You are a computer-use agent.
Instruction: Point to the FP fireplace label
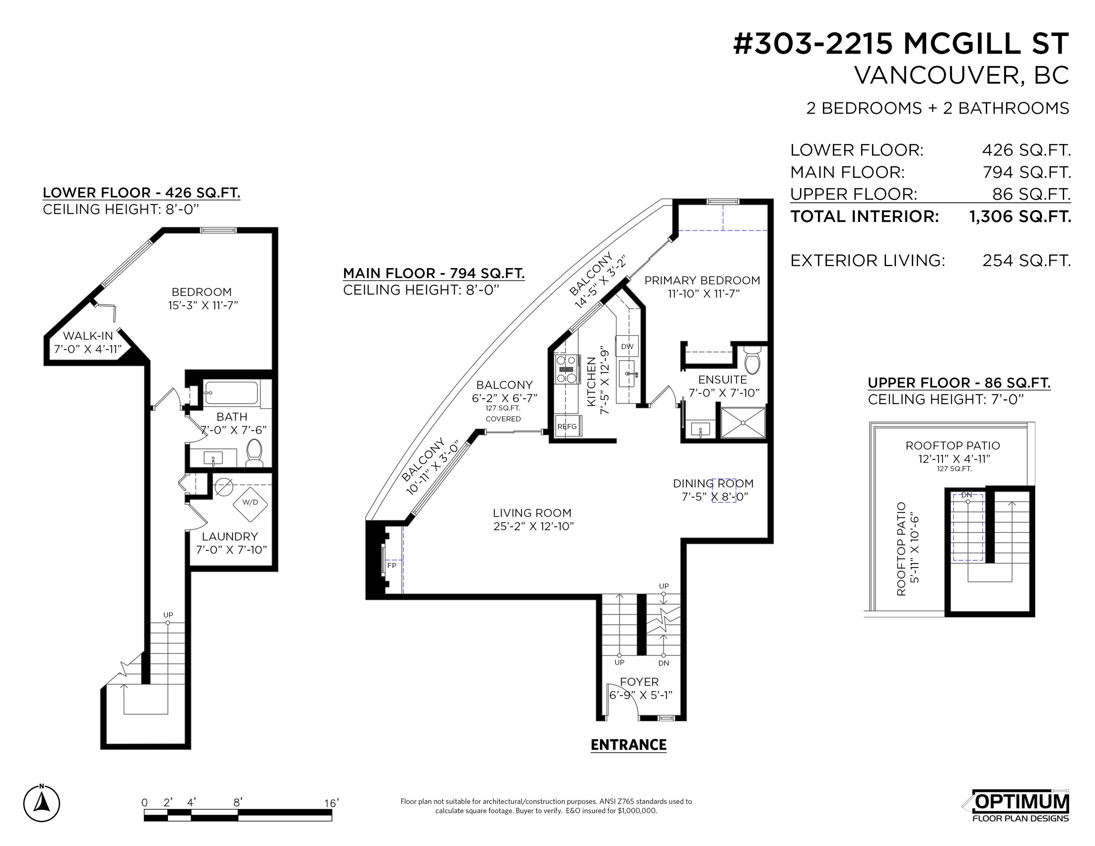click(392, 565)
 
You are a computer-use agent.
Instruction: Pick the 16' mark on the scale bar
click(331, 803)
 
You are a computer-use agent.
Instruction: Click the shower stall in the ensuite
click(743, 423)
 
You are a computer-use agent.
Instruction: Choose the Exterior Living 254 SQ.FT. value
click(1026, 261)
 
